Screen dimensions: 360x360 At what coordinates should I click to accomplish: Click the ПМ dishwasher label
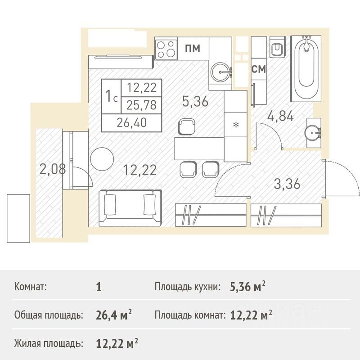[x=193, y=49]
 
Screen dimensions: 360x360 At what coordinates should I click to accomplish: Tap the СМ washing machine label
[x=258, y=69]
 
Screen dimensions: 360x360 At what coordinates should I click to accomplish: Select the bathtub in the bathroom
[x=306, y=69]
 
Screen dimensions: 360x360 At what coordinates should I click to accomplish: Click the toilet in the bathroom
[x=277, y=47]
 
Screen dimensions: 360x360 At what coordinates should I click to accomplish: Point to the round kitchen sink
[x=220, y=72]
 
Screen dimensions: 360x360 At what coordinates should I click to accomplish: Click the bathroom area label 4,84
[x=280, y=116]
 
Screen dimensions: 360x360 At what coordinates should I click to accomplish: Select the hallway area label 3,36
[x=287, y=184]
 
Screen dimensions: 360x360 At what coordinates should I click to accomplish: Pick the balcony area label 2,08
[x=53, y=169]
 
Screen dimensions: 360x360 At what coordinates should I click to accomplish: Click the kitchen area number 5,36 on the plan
[x=195, y=101]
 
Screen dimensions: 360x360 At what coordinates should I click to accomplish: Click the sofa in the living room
[x=130, y=208]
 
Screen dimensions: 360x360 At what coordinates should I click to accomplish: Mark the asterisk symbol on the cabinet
[x=236, y=125]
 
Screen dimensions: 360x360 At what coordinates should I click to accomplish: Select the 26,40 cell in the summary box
[x=131, y=123]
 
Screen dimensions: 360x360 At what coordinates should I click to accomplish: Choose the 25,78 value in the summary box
[x=141, y=105]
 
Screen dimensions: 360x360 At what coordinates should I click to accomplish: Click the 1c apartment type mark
[x=111, y=96]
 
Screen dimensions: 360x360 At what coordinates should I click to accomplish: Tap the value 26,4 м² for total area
[x=114, y=315]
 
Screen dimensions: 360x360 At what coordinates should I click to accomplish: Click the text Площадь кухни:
[x=188, y=287]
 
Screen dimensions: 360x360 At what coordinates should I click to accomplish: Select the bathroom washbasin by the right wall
[x=314, y=133]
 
